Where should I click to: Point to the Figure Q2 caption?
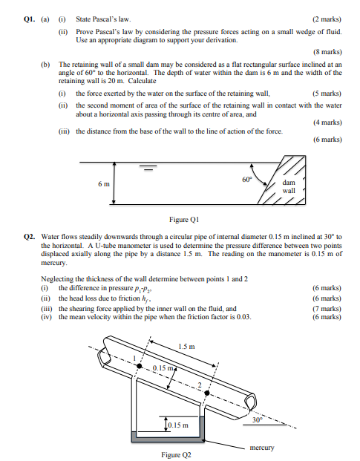pos(177,454)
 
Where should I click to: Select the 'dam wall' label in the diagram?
pos(288,186)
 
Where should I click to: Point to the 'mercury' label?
pos(262,448)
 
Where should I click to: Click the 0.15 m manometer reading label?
pos(178,425)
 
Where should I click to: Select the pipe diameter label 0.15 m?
pos(165,368)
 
